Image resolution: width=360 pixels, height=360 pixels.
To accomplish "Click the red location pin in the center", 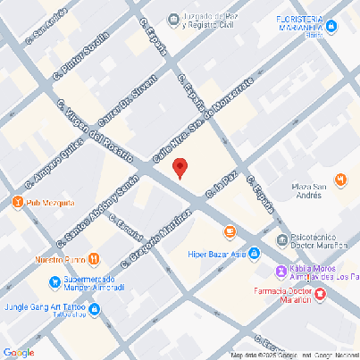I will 179,167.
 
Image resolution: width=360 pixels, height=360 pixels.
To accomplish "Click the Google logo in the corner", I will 18,352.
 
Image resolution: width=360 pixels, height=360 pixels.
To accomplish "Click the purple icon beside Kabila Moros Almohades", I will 281,271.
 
